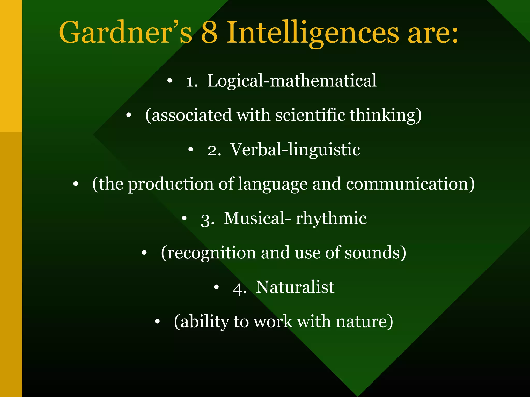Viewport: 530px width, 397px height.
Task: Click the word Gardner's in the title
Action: tap(126, 33)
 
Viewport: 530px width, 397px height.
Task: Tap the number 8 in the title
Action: tap(209, 33)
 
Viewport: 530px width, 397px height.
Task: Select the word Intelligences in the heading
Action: tap(313, 34)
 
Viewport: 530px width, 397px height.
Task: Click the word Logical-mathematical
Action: tap(292, 81)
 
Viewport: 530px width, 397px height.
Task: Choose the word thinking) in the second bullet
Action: tap(386, 116)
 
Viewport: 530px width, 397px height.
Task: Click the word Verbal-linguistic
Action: tap(295, 150)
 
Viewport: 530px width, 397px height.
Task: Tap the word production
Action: tap(171, 184)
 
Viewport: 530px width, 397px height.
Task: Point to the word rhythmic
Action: tap(331, 219)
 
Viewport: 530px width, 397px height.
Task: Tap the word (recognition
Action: tap(208, 253)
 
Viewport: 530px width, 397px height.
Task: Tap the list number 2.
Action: tap(214, 151)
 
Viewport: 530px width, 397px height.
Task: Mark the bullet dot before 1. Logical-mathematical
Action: tap(170, 81)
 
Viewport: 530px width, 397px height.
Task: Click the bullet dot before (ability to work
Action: tap(157, 322)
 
